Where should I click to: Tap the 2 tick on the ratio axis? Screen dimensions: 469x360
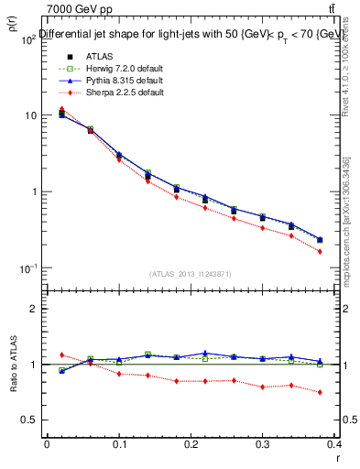(x=33, y=309)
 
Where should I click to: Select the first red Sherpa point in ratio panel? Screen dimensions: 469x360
(x=61, y=354)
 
